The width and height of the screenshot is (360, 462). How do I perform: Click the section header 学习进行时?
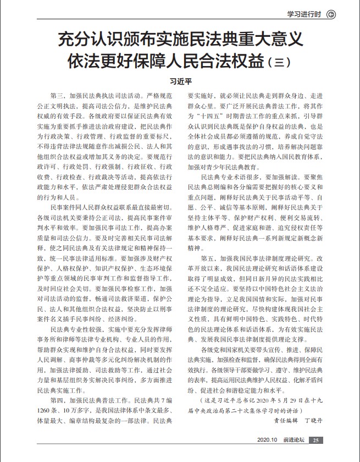coord(305,14)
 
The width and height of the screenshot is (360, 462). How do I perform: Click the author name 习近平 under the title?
coord(180,80)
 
